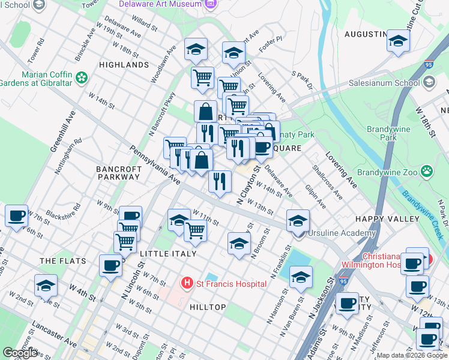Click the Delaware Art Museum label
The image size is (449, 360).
click(160, 4)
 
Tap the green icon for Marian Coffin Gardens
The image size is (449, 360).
click(81, 78)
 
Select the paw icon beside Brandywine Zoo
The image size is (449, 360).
click(427, 172)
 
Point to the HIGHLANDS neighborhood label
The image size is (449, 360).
click(124, 65)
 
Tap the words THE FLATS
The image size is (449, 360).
click(63, 262)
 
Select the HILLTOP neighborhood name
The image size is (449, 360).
click(208, 307)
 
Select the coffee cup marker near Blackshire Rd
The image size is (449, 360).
click(17, 215)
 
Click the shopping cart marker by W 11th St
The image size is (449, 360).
click(195, 230)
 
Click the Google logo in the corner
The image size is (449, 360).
click(20, 353)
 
